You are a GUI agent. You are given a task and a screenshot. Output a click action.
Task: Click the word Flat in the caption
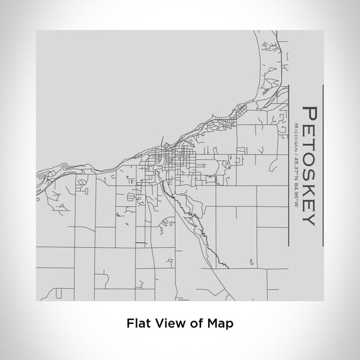138,322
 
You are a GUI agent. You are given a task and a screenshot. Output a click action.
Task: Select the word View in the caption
169,322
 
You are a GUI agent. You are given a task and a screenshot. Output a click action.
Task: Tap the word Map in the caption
220,322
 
